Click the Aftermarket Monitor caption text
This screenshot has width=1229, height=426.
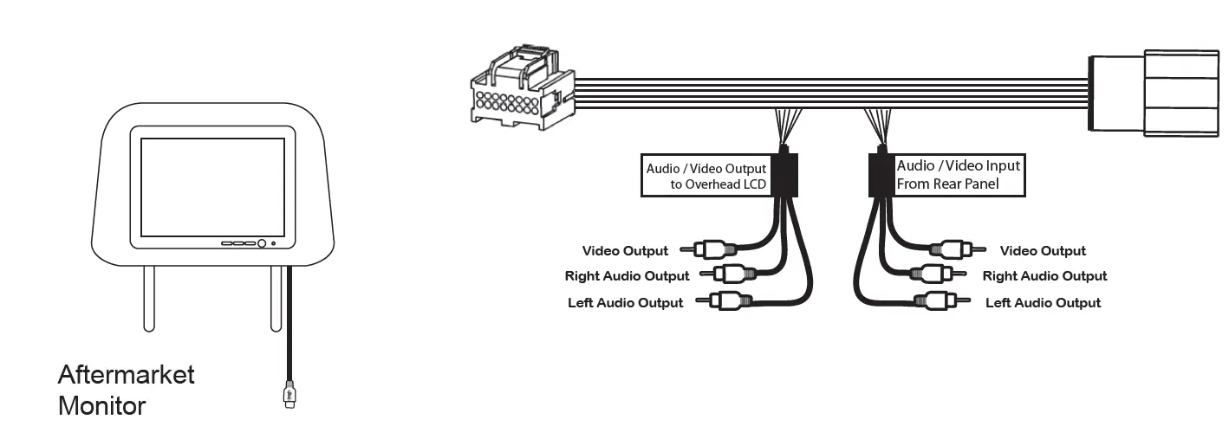coord(127,390)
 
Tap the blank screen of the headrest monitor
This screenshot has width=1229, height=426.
coord(212,186)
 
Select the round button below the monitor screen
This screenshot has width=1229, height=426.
coord(261,243)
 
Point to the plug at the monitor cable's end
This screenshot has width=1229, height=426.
coord(289,395)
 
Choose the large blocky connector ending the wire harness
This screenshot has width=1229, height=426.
coord(1156,93)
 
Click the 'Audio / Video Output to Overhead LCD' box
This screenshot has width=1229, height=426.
coord(707,176)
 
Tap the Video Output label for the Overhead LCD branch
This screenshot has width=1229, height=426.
coord(625,251)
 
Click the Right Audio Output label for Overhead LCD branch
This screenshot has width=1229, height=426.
coord(627,276)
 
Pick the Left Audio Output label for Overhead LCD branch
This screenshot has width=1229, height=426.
coord(625,303)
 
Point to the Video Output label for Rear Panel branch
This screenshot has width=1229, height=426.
coord(1043,251)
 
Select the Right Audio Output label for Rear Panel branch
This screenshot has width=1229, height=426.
coord(1044,276)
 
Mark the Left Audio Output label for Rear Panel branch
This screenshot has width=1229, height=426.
coord(1043,303)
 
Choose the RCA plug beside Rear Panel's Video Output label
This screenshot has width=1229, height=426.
coord(953,250)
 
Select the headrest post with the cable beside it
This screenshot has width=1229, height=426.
coord(276,298)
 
